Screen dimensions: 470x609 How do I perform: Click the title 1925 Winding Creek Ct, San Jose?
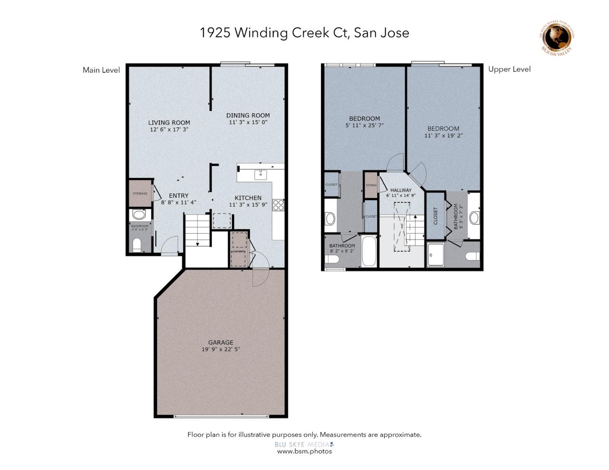(x=304, y=33)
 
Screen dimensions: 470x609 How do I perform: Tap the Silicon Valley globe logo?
(x=557, y=38)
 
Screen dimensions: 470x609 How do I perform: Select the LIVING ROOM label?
(x=169, y=123)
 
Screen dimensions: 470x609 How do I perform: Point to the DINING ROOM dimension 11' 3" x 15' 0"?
(x=248, y=122)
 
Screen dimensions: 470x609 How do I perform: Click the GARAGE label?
(x=220, y=342)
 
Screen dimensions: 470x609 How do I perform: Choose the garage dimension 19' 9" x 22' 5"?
(x=220, y=349)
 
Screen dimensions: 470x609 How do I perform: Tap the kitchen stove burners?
(x=278, y=205)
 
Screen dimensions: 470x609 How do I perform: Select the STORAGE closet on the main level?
(x=140, y=193)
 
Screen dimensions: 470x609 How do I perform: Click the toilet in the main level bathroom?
(x=136, y=245)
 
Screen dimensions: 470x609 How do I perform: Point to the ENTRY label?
(x=179, y=196)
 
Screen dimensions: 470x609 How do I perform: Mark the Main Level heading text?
(x=101, y=70)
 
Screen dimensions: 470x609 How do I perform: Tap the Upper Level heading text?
(x=509, y=69)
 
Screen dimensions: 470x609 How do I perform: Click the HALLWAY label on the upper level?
(x=401, y=190)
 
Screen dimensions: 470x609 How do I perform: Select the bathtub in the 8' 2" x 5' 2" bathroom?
(x=369, y=251)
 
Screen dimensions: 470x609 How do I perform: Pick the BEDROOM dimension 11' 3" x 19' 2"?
(x=443, y=136)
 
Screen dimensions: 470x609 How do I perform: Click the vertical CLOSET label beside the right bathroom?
(x=435, y=216)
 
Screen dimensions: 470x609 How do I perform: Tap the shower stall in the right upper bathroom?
(x=436, y=255)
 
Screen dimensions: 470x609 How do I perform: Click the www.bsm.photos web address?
(x=304, y=451)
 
